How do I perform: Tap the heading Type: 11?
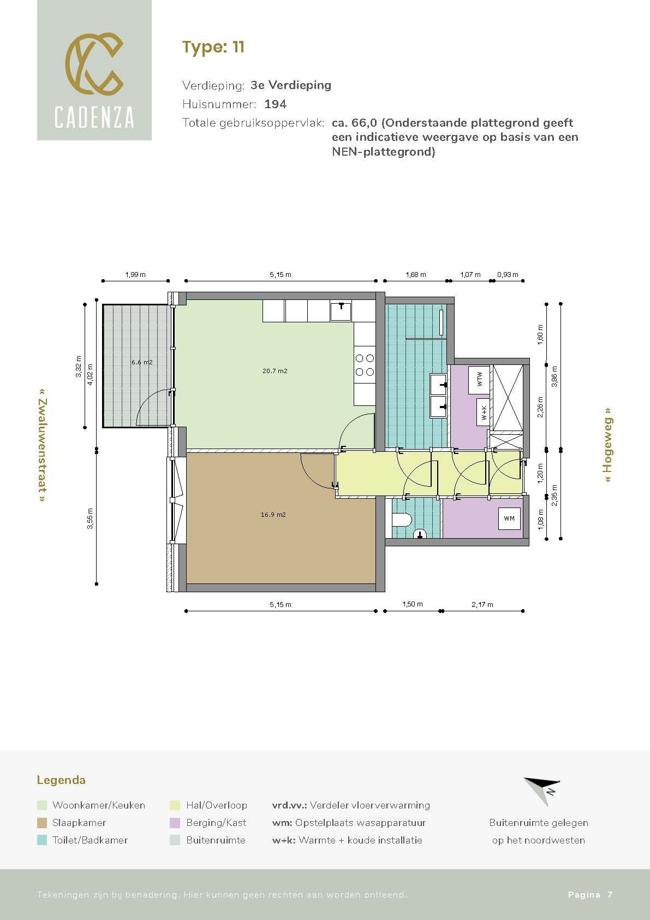[213, 47]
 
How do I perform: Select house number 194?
[276, 104]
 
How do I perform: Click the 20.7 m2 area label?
[275, 371]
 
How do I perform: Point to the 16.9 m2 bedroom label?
[273, 515]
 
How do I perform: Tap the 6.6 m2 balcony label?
[142, 362]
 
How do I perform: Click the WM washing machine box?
[509, 518]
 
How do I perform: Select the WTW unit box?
[479, 379]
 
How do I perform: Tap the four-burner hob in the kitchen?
[365, 365]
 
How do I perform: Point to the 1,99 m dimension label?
[135, 275]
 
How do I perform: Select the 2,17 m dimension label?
[482, 605]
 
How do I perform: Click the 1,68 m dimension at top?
[416, 275]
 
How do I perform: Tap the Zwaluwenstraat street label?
[42, 445]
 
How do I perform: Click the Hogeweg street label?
[608, 445]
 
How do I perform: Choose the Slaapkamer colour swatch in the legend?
[42, 823]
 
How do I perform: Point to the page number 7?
[610, 894]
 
